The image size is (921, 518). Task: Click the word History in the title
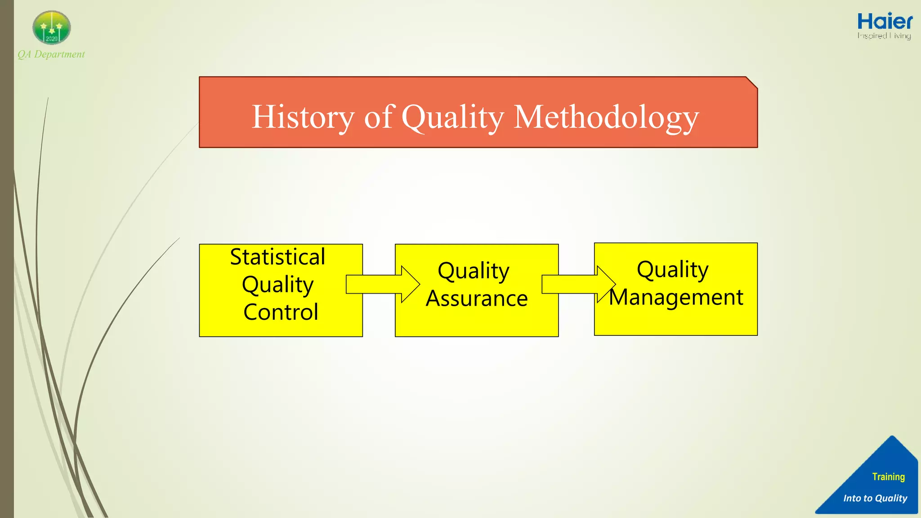coord(303,117)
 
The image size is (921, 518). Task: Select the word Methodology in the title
coord(606,117)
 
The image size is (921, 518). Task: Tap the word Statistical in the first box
coord(277,257)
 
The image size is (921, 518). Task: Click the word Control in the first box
coord(281,312)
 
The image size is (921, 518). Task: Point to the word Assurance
coord(477,299)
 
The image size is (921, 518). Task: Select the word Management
coord(676,297)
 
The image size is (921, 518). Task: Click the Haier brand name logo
coord(885,22)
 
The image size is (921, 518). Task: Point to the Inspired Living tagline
coord(884,36)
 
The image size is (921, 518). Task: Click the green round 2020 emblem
coord(52,27)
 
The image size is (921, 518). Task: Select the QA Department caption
coord(51,54)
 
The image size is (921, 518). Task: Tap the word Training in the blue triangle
coord(888,477)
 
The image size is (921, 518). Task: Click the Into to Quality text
coord(875,498)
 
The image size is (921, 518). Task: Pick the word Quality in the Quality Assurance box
coord(474,271)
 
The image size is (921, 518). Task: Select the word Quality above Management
coord(672,270)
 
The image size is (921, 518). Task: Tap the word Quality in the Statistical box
coord(277,285)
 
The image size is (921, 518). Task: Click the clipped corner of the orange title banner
coord(752,82)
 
